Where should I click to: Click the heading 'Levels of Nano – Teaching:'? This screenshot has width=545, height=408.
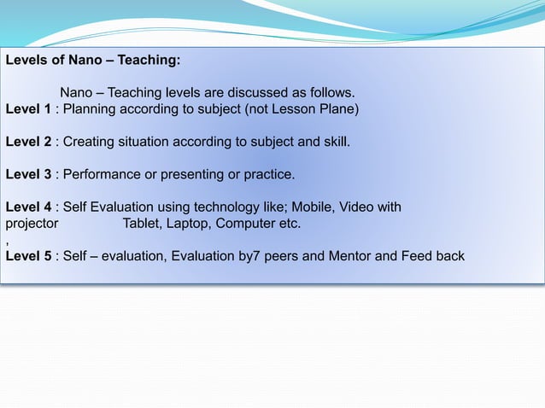93,61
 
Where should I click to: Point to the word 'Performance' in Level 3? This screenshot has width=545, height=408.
101,174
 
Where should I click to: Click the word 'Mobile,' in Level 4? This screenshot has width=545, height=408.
312,207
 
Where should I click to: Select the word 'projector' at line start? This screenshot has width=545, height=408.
32,224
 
